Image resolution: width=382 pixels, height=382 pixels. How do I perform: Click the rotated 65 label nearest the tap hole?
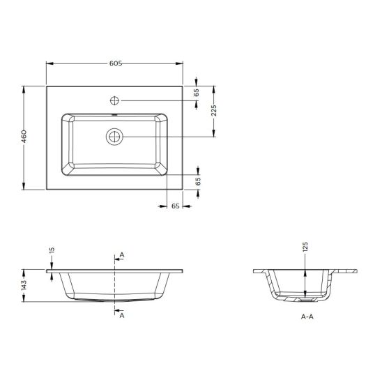coord(197,91)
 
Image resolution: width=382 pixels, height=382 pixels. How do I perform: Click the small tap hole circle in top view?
coord(115,99)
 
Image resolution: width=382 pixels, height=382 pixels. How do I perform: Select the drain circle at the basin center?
coord(115,136)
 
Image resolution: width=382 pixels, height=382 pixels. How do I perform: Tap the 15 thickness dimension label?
coord(52,252)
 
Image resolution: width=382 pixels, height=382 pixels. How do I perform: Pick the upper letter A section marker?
coord(122,256)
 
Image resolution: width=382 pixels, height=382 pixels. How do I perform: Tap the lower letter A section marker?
coord(122,315)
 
